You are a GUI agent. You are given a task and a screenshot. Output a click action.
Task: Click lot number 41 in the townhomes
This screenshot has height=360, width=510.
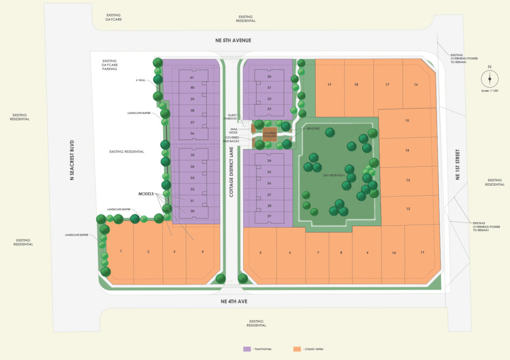tap(191, 78)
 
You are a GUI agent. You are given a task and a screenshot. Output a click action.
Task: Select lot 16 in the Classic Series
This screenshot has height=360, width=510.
tap(416, 85)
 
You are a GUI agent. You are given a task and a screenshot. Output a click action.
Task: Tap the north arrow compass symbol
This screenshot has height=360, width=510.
tap(490, 78)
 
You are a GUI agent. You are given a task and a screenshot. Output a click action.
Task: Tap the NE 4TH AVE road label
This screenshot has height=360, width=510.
tap(235, 302)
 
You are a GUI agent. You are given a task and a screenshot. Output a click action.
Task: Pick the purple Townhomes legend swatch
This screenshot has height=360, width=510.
tap(246, 349)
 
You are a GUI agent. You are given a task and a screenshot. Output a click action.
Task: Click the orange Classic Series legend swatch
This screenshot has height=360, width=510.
tap(297, 349)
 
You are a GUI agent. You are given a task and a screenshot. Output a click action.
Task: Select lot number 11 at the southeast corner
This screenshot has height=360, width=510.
tap(422, 252)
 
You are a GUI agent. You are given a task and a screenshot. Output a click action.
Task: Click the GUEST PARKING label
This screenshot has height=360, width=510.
tap(230, 117)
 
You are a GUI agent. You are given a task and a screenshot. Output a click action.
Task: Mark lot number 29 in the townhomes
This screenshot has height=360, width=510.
tap(269, 216)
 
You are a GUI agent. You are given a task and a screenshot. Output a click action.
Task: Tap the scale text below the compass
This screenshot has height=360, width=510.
tap(490, 91)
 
